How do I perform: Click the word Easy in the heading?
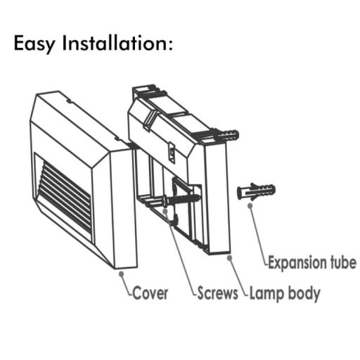[34, 44]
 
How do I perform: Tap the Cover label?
[150, 293]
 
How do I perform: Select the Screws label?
[217, 293]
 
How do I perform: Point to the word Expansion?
[297, 263]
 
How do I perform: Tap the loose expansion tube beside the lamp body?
[256, 191]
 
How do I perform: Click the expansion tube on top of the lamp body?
[226, 135]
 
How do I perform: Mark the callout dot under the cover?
[122, 274]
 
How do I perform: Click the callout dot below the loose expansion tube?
[250, 205]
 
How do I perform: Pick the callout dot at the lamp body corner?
[230, 258]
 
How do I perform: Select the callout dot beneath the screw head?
[165, 211]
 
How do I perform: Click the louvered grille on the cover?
[65, 195]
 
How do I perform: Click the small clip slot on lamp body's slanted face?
[172, 153]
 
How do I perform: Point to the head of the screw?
[165, 201]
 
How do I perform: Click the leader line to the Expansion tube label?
[259, 235]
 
